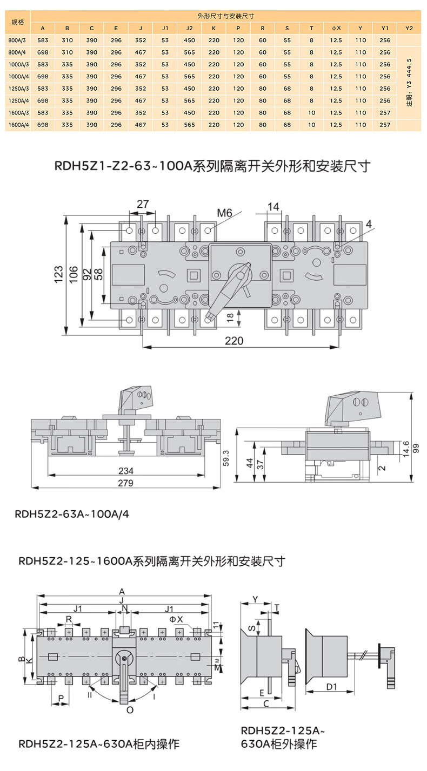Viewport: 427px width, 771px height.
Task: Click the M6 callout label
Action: (x=224, y=213)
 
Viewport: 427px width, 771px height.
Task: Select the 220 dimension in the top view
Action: (x=234, y=341)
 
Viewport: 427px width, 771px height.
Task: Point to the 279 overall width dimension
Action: (x=125, y=483)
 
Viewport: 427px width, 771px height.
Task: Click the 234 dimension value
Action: (x=125, y=471)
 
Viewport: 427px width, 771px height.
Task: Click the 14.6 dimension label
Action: (x=406, y=449)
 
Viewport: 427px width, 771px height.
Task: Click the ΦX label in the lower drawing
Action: (x=177, y=619)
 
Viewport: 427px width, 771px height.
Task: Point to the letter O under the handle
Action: (x=130, y=710)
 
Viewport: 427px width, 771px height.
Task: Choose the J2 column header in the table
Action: (x=189, y=28)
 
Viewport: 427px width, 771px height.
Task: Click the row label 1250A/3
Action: (x=18, y=89)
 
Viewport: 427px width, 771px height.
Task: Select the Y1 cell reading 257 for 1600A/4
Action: (x=385, y=125)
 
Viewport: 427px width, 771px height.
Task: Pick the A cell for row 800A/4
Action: (x=43, y=52)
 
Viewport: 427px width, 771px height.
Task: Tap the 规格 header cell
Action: (x=18, y=22)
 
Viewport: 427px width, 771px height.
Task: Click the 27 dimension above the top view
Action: (x=142, y=204)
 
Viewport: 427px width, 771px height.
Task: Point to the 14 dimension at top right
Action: (x=273, y=206)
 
